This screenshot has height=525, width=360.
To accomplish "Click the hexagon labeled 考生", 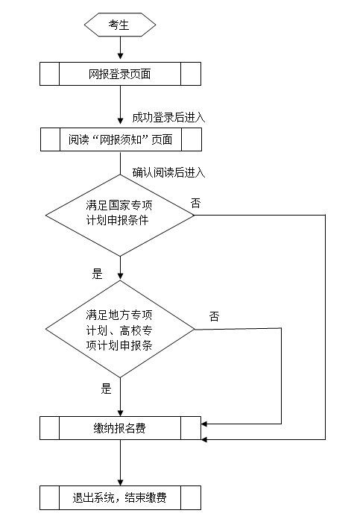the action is [120, 25].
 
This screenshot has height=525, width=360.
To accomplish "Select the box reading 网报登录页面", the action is [120, 74].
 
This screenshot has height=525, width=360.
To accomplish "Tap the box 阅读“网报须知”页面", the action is [121, 139].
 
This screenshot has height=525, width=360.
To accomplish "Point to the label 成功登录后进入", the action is [168, 118].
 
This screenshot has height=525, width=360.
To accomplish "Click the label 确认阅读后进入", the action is [168, 172].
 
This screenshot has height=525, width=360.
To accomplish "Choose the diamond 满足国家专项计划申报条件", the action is [120, 216].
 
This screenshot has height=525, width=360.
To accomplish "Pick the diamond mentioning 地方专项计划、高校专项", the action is [120, 329].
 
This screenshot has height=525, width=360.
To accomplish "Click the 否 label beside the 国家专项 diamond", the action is [196, 203].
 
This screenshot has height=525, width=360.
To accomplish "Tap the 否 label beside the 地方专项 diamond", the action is [214, 316].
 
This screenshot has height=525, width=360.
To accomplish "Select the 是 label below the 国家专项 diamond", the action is [97, 274].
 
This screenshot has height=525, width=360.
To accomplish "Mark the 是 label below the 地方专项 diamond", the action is [106, 389].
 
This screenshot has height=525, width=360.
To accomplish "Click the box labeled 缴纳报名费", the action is [120, 428].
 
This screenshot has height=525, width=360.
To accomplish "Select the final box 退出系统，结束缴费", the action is [120, 497].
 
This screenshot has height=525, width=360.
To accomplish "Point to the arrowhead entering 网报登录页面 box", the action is [120, 56].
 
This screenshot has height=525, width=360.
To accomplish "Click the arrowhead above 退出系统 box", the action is [120, 482].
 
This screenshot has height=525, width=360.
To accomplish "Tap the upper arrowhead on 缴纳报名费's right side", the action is [204, 424].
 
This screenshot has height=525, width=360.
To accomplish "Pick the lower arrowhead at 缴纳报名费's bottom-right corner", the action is [204, 439].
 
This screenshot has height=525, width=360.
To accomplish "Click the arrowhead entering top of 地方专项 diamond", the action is [120, 277].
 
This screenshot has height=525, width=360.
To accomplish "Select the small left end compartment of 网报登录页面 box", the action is [49, 74].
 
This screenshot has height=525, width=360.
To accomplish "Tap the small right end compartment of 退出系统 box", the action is [191, 497].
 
